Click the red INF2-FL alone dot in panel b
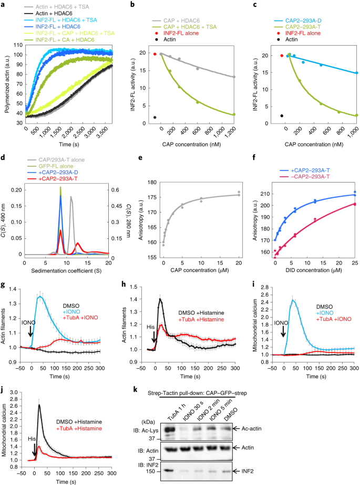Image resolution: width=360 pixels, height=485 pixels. [x=155, y=54]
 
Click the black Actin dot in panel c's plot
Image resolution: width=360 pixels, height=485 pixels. [x=282, y=116]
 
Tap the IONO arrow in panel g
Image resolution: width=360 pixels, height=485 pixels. [x=30, y=331]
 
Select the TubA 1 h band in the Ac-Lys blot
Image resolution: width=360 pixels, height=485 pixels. [x=170, y=429]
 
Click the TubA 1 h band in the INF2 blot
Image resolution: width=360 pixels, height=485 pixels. [x=169, y=470]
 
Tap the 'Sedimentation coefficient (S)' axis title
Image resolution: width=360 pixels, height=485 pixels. [x=66, y=271]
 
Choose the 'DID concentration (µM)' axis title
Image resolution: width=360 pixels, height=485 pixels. [x=312, y=270]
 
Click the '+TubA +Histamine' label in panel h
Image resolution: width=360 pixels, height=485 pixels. [x=201, y=319]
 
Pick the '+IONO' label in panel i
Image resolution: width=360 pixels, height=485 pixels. [x=325, y=312]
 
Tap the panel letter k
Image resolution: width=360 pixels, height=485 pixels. [x=135, y=389]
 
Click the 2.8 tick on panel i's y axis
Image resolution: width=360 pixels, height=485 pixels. [x=265, y=287]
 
